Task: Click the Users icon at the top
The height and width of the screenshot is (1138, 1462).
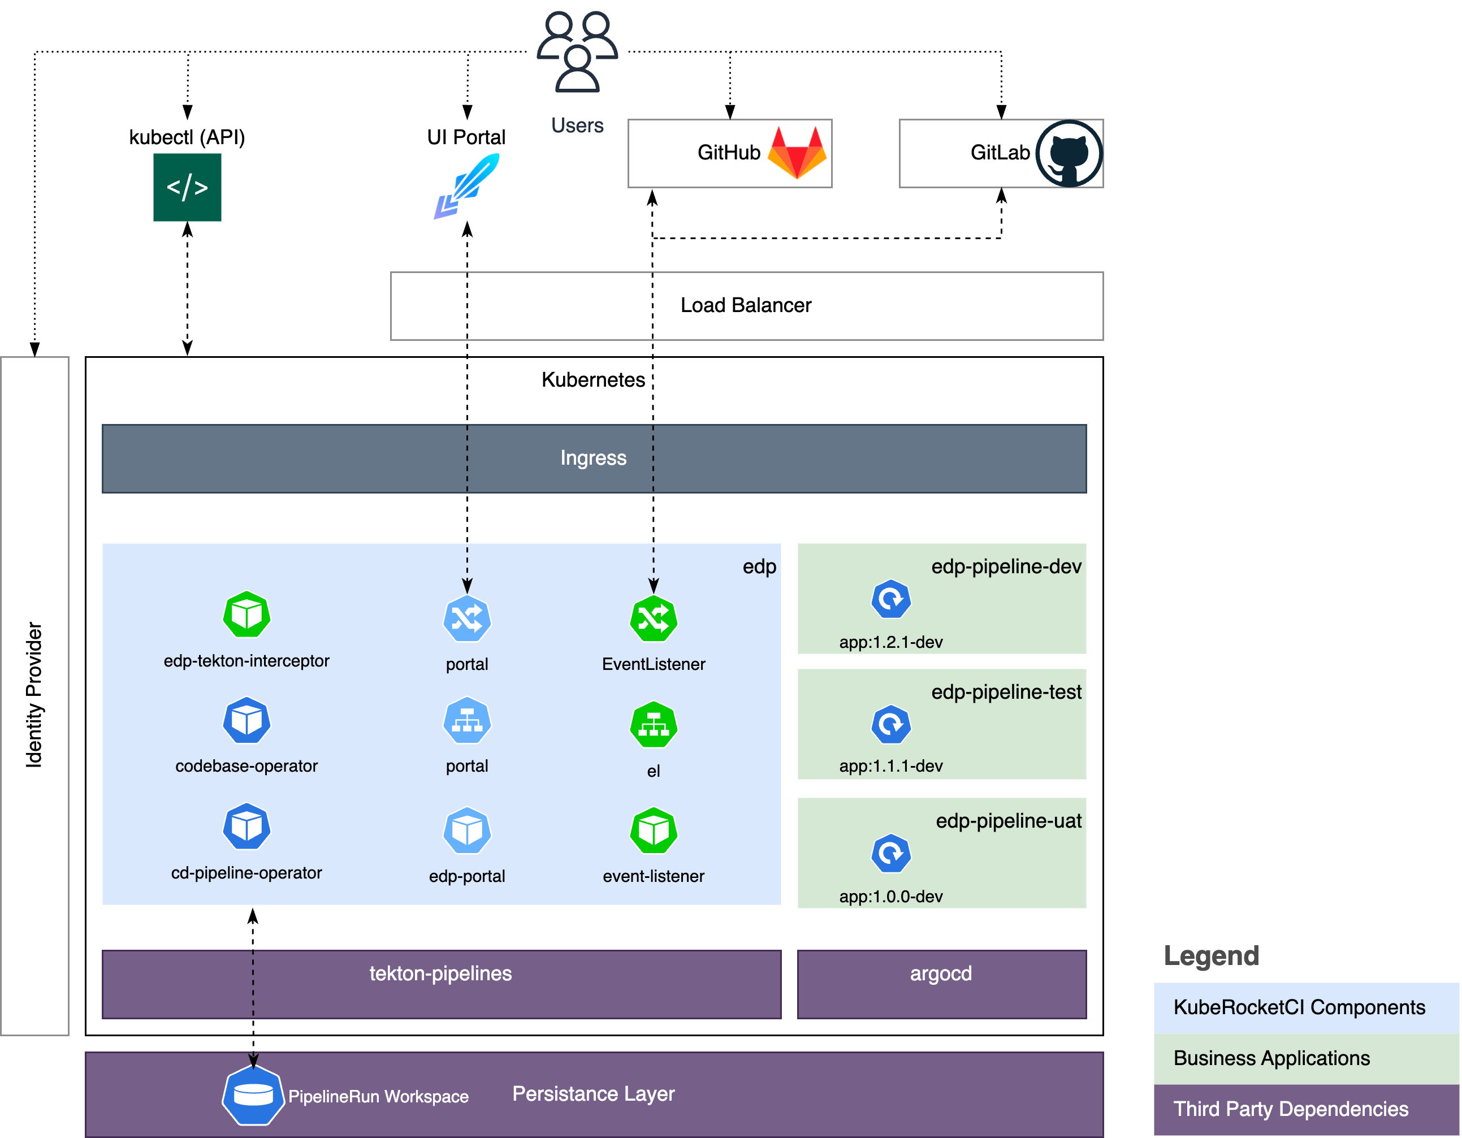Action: [x=577, y=51]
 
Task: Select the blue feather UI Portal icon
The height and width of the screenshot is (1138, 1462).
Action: [x=466, y=185]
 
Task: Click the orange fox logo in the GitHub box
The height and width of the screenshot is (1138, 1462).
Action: [x=797, y=153]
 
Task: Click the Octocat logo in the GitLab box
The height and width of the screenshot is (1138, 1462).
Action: [x=1069, y=153]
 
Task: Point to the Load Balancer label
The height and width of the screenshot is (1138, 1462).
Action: [x=746, y=305]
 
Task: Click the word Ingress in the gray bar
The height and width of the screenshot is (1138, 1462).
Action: [x=593, y=458]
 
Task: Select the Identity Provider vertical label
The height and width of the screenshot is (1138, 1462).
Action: [x=34, y=695]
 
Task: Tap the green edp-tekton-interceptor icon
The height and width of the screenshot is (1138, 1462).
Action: [x=246, y=615]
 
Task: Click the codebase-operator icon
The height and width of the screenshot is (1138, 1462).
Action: [x=246, y=721]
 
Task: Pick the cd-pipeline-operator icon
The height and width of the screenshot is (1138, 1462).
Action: [x=246, y=827]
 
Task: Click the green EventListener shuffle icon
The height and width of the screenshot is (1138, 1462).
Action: [x=654, y=618]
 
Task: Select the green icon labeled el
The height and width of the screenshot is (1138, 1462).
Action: [x=654, y=725]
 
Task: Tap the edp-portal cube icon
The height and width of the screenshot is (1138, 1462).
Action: [x=466, y=830]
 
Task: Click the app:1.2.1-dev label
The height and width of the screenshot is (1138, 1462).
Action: [x=890, y=642]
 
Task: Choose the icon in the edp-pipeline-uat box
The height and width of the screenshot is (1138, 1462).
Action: [x=890, y=854]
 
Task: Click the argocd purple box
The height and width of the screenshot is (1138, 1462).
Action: [x=941, y=984]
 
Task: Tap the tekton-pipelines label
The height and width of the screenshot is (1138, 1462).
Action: [x=440, y=973]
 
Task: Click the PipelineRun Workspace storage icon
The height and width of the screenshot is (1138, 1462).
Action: [x=253, y=1095]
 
